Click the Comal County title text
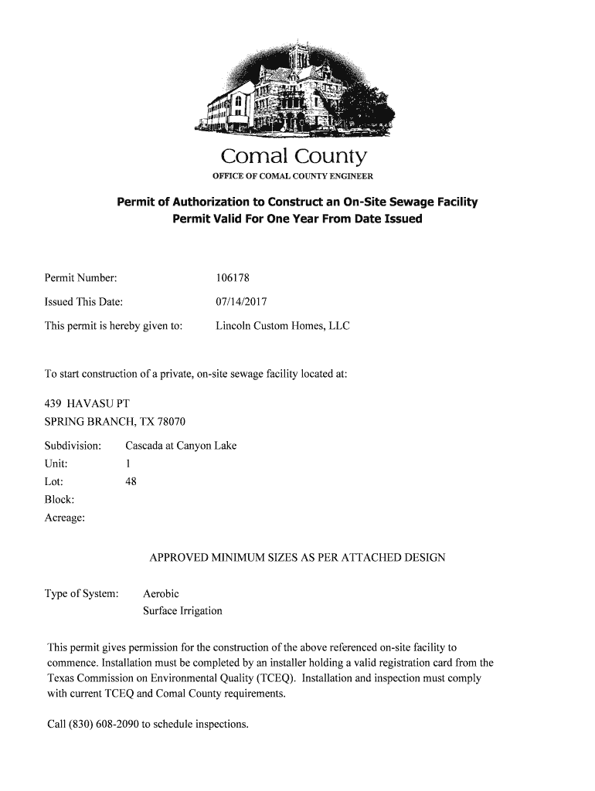[x=293, y=158]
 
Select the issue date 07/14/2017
[x=241, y=301]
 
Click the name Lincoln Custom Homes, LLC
[x=282, y=326]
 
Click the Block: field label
[x=59, y=499]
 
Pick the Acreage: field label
[x=65, y=517]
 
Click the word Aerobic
[x=161, y=594]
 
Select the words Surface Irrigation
[x=182, y=611]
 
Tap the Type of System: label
[x=81, y=594]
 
